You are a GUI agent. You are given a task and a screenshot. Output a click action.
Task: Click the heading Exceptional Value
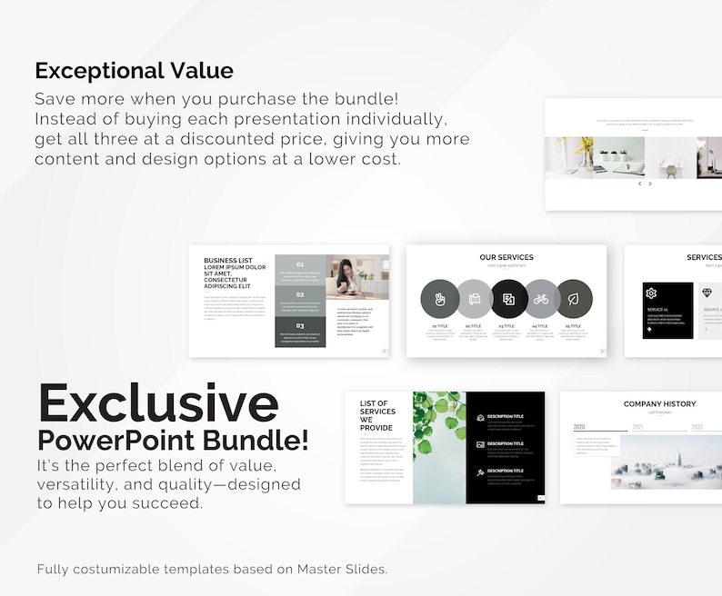pyautogui.click(x=134, y=71)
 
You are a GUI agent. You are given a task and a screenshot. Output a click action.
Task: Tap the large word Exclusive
pyautogui.click(x=157, y=402)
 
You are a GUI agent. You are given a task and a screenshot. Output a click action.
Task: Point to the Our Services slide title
pyautogui.click(x=506, y=258)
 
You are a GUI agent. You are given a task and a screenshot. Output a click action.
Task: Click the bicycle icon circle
pyautogui.click(x=541, y=298)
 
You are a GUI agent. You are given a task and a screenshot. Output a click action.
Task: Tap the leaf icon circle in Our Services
pyautogui.click(x=575, y=298)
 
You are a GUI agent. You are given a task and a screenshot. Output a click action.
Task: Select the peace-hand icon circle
pyautogui.click(x=439, y=298)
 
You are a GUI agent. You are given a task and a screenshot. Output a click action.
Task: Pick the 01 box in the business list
pyautogui.click(x=300, y=270)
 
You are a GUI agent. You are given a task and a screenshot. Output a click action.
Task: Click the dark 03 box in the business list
pyautogui.click(x=300, y=332)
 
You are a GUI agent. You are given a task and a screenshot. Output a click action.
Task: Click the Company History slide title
pyautogui.click(x=659, y=404)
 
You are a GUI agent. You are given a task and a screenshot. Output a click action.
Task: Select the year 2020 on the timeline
pyautogui.click(x=579, y=427)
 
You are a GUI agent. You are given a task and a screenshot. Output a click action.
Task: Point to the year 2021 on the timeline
pyautogui.click(x=638, y=427)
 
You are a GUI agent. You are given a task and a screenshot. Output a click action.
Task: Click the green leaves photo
pyautogui.click(x=439, y=447)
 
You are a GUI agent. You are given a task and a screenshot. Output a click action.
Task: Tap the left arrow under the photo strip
pyautogui.click(x=639, y=184)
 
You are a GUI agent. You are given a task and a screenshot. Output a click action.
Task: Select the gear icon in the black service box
pyautogui.click(x=651, y=293)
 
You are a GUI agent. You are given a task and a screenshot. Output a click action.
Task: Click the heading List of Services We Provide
pyautogui.click(x=377, y=415)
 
